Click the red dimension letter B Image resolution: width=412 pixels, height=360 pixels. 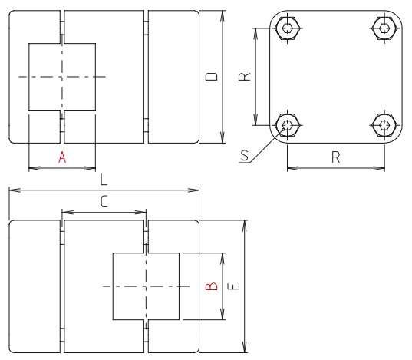(213, 286)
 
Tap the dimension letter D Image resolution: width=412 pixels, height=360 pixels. (213, 77)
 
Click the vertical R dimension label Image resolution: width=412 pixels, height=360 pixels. (243, 77)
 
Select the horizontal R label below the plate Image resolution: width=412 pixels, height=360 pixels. (335, 157)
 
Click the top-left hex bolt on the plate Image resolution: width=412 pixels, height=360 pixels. (287, 28)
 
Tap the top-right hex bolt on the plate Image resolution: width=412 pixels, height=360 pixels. (384, 28)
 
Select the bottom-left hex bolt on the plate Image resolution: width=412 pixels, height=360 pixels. (287, 124)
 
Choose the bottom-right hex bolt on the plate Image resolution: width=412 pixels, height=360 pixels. (384, 124)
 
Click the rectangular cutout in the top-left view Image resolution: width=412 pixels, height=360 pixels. (62, 77)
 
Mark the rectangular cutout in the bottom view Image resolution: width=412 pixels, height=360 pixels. (146, 286)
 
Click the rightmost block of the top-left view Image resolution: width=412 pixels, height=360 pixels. (173, 77)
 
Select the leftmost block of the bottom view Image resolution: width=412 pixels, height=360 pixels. (35, 286)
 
